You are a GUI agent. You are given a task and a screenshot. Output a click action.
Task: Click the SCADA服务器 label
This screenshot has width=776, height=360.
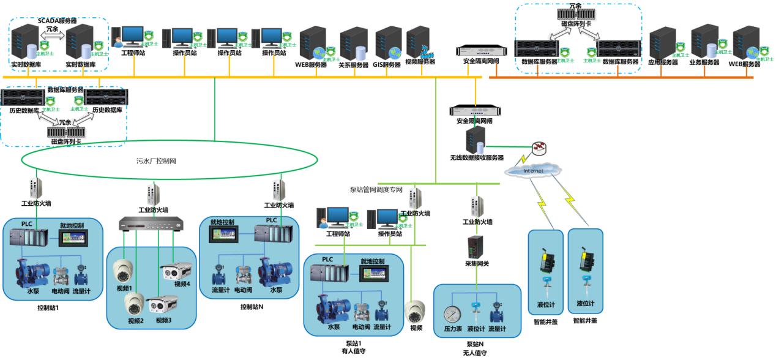pos(59,20)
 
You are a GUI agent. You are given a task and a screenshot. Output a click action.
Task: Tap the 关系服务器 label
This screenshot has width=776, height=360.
pos(353,65)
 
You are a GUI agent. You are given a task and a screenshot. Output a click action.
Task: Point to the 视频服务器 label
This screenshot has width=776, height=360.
pos(420,62)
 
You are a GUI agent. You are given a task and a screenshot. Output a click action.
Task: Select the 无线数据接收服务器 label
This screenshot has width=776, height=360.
pos(477,157)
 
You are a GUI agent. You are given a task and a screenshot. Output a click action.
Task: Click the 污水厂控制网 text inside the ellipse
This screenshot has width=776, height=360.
pos(156,162)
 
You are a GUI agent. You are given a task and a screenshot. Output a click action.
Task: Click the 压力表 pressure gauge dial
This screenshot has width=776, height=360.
pos(452,314)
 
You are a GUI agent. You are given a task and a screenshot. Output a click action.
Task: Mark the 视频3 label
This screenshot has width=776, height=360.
pos(164,320)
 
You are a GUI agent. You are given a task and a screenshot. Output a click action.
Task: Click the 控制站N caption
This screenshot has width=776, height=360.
pos(252,306)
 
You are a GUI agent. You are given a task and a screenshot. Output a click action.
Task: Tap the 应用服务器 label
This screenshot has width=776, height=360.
pos(663,62)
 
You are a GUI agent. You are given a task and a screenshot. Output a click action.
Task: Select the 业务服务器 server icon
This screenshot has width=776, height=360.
pos(704,41)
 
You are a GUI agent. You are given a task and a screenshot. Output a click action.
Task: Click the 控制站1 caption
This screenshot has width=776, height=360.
pos(48,307)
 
